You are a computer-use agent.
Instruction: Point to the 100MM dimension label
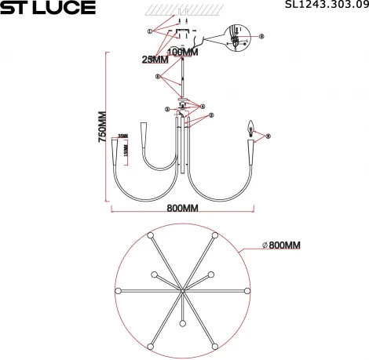(x=184, y=52)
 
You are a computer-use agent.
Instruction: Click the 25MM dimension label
(x=155, y=60)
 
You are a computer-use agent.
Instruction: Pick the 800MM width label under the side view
(x=182, y=209)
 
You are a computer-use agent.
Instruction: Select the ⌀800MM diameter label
(x=280, y=245)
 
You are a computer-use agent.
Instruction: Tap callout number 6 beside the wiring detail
(x=262, y=36)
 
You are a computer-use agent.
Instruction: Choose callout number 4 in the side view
(x=202, y=107)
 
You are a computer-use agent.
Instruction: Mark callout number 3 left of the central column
(x=166, y=109)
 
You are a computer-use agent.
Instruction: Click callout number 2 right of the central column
(x=210, y=115)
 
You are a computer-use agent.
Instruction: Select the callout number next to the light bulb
(x=268, y=136)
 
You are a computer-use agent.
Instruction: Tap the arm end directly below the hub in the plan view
(x=182, y=324)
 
